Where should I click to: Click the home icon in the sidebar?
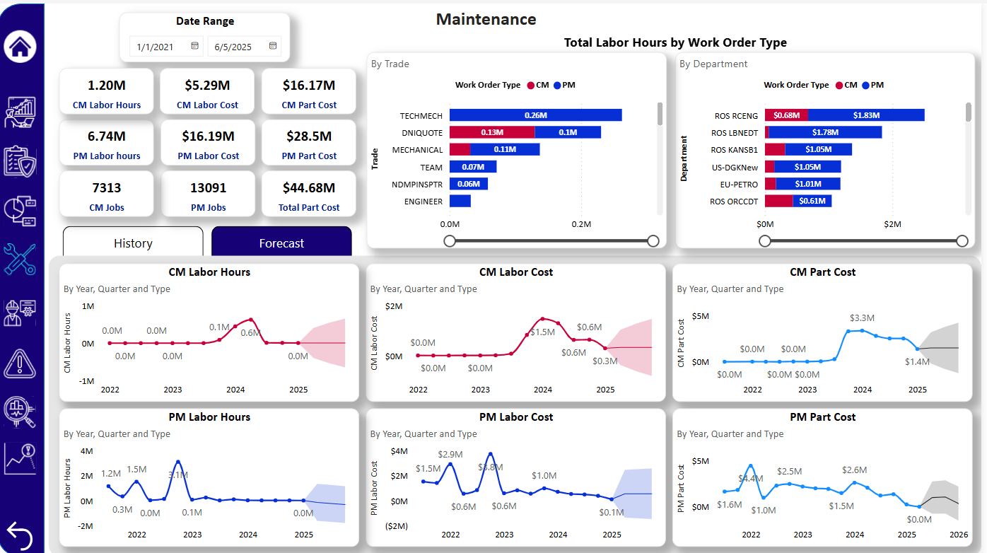(21, 47)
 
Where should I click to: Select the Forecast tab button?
(281, 243)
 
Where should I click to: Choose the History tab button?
(133, 243)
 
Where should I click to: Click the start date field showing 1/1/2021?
(156, 47)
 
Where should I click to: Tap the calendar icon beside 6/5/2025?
(273, 47)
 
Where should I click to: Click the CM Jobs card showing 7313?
(106, 194)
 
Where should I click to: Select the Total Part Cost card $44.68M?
(309, 194)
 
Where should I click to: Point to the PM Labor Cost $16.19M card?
(208, 143)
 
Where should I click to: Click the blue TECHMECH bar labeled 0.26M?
(535, 115)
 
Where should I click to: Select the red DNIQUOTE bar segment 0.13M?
(492, 132)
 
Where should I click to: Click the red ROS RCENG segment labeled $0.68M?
(786, 115)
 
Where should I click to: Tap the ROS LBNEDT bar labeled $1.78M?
(825, 132)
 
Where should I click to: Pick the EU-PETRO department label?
(734, 185)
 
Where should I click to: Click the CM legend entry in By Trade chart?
(537, 85)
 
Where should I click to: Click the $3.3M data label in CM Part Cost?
(862, 318)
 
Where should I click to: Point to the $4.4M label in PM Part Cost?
(750, 479)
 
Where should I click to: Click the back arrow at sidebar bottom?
(20, 535)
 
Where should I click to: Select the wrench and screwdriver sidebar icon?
(20, 260)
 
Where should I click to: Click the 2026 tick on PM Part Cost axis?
(959, 535)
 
